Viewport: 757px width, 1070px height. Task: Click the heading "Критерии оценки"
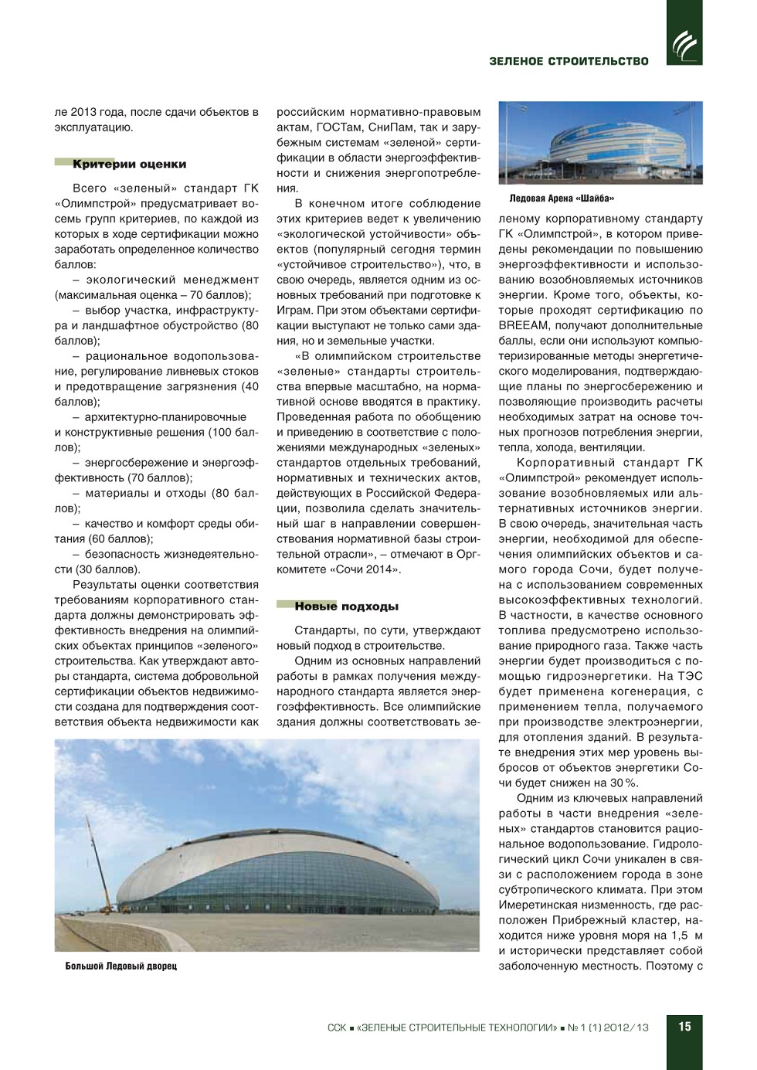coord(129,165)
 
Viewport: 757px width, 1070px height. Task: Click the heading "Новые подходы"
coord(346,607)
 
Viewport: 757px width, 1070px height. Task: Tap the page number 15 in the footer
coord(684,1027)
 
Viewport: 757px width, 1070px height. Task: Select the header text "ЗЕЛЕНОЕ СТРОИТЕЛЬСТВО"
coord(569,61)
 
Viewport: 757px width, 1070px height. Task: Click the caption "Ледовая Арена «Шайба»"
coord(562,199)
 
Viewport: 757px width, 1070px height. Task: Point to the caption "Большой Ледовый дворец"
coord(121,966)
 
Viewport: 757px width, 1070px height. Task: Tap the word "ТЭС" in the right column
coord(689,676)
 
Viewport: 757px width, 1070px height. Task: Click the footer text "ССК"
coord(336,1028)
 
